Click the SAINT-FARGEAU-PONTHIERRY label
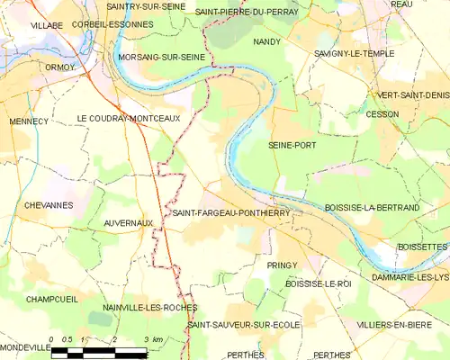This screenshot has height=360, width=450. coord(223,213)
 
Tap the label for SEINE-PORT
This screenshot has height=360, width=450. coord(292,144)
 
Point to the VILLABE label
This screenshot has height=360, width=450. coord(47,26)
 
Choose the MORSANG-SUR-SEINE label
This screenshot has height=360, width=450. coord(167,57)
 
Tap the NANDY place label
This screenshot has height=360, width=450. coord(266,41)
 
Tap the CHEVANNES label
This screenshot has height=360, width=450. coord(48,205)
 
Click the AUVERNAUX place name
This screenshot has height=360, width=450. coord(127,222)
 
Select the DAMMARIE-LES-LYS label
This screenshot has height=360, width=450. coord(403,276)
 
